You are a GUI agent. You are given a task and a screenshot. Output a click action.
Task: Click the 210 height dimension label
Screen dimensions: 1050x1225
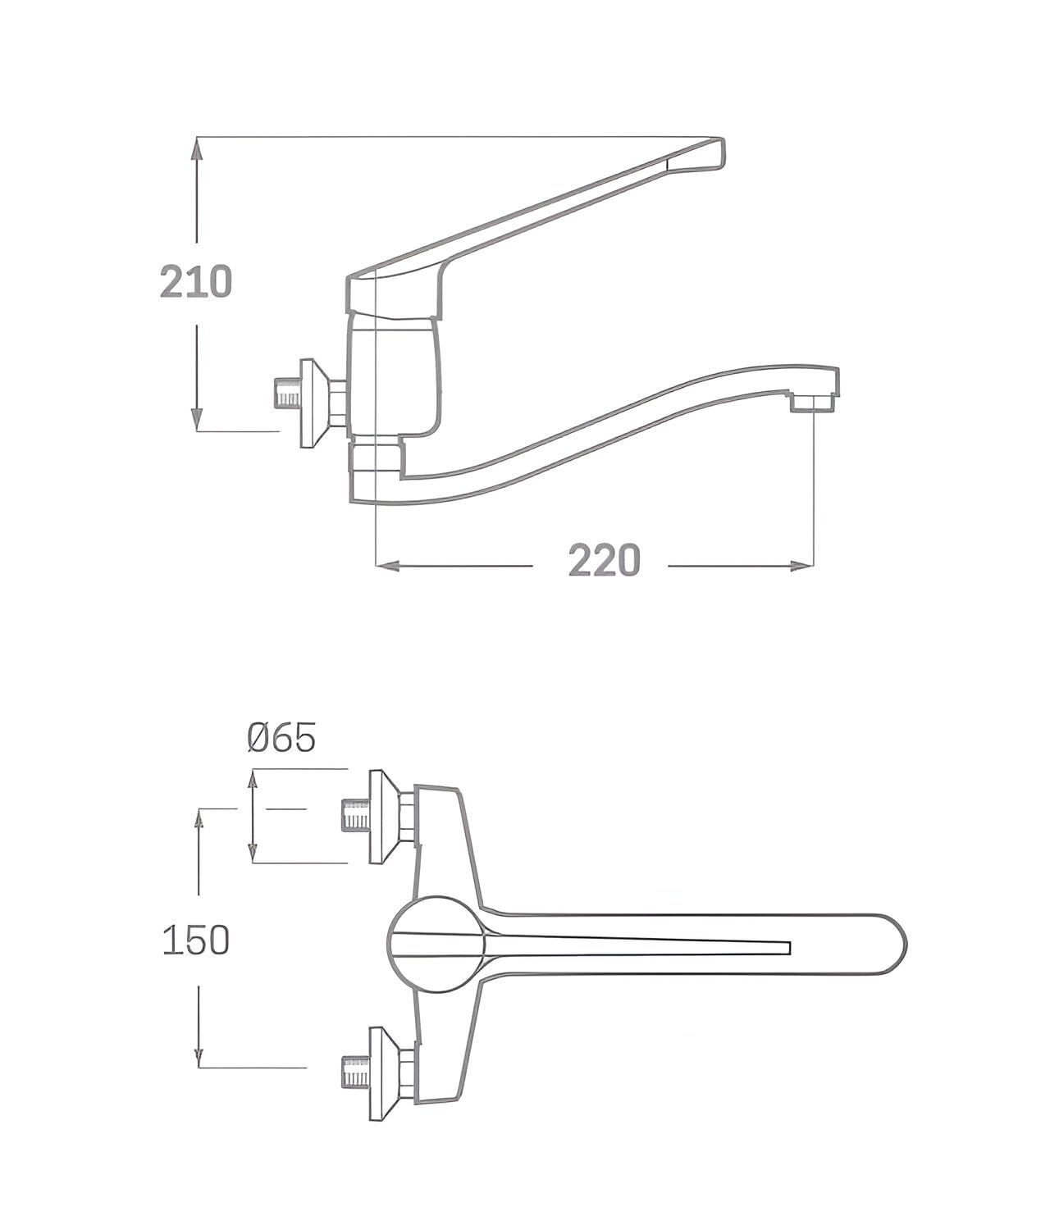[196, 282]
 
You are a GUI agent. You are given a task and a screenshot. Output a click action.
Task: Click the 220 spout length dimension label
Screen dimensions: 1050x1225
[604, 561]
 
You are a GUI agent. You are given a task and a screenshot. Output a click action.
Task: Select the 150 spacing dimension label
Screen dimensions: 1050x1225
[196, 940]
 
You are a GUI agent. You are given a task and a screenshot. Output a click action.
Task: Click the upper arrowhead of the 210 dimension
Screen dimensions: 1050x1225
[198, 151]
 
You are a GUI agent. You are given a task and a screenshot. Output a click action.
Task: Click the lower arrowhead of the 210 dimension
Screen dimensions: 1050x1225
[198, 418]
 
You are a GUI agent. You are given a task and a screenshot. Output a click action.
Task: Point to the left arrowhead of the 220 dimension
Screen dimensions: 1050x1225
[388, 566]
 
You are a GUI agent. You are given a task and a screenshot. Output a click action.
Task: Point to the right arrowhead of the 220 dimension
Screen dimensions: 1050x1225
[801, 566]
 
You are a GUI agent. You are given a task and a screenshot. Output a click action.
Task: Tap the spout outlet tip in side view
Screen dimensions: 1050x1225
[813, 403]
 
